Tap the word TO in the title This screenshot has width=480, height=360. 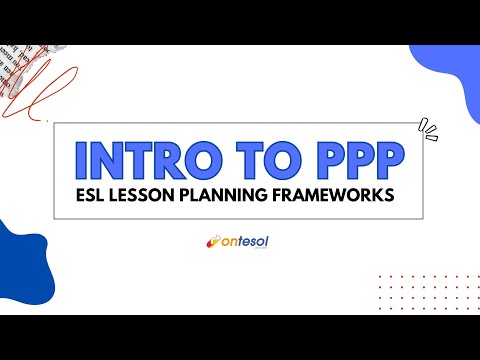tap(264, 160)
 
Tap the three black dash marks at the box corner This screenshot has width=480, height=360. tap(429, 128)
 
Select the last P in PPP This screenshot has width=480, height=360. tap(388, 160)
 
